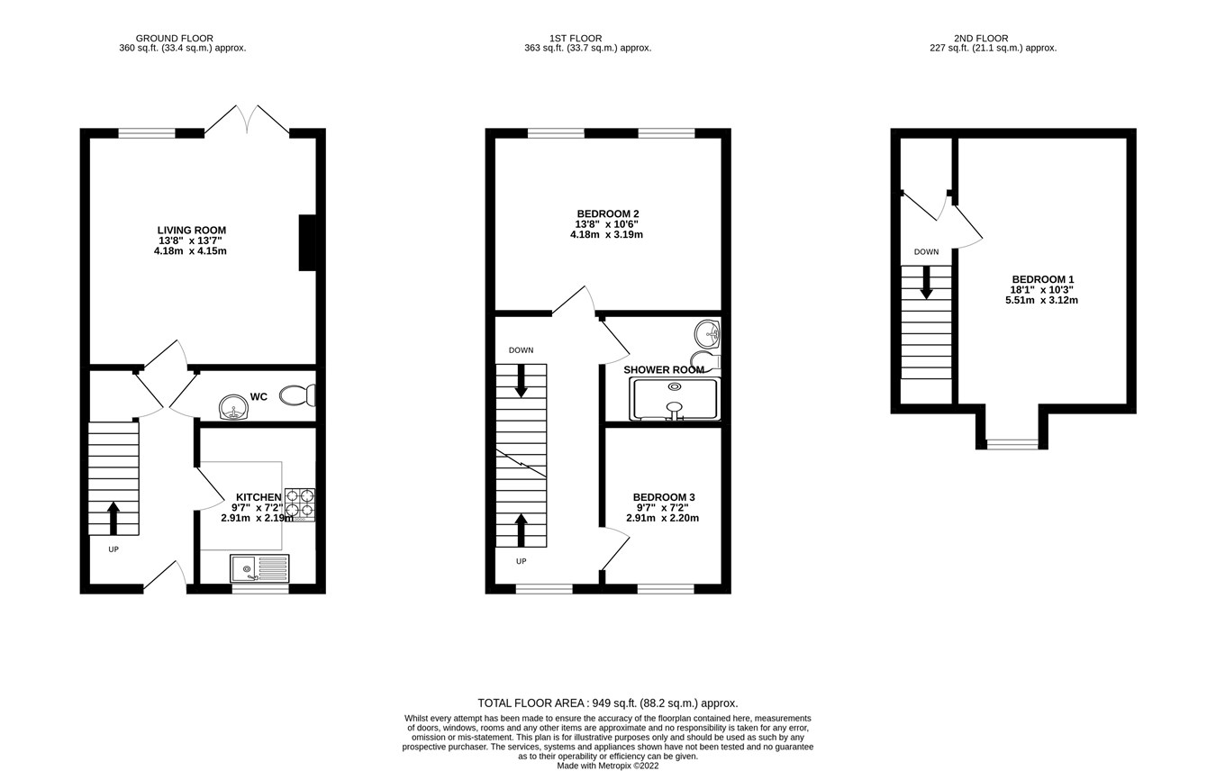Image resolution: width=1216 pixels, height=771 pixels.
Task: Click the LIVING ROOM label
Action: click(191, 231)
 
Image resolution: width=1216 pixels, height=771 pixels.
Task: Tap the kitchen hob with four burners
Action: click(300, 504)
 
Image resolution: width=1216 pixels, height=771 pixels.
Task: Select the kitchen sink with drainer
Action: click(259, 568)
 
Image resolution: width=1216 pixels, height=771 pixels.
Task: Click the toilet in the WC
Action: click(298, 395)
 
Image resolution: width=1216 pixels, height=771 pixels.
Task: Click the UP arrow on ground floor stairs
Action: click(113, 518)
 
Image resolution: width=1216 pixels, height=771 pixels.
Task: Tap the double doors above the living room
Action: click(247, 120)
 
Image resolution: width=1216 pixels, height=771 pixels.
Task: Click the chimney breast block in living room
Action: click(307, 242)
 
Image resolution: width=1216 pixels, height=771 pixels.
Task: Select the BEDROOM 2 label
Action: click(607, 214)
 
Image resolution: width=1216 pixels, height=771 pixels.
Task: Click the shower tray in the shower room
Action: click(675, 398)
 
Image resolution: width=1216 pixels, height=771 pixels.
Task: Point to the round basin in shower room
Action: click(707, 334)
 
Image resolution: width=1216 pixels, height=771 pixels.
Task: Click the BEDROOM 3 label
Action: click(663, 497)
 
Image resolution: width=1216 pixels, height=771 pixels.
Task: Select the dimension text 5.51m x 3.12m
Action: click(1041, 300)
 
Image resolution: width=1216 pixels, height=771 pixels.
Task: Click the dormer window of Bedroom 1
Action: click(1012, 444)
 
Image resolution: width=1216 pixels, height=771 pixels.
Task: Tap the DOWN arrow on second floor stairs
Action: click(926, 282)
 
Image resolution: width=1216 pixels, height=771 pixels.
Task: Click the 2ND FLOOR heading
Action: click(981, 39)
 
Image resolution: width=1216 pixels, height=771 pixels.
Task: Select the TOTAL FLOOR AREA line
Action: click(607, 703)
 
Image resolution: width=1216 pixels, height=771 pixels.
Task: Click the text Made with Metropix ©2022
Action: click(607, 766)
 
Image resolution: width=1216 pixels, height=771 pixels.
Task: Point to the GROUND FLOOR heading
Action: click(174, 39)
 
